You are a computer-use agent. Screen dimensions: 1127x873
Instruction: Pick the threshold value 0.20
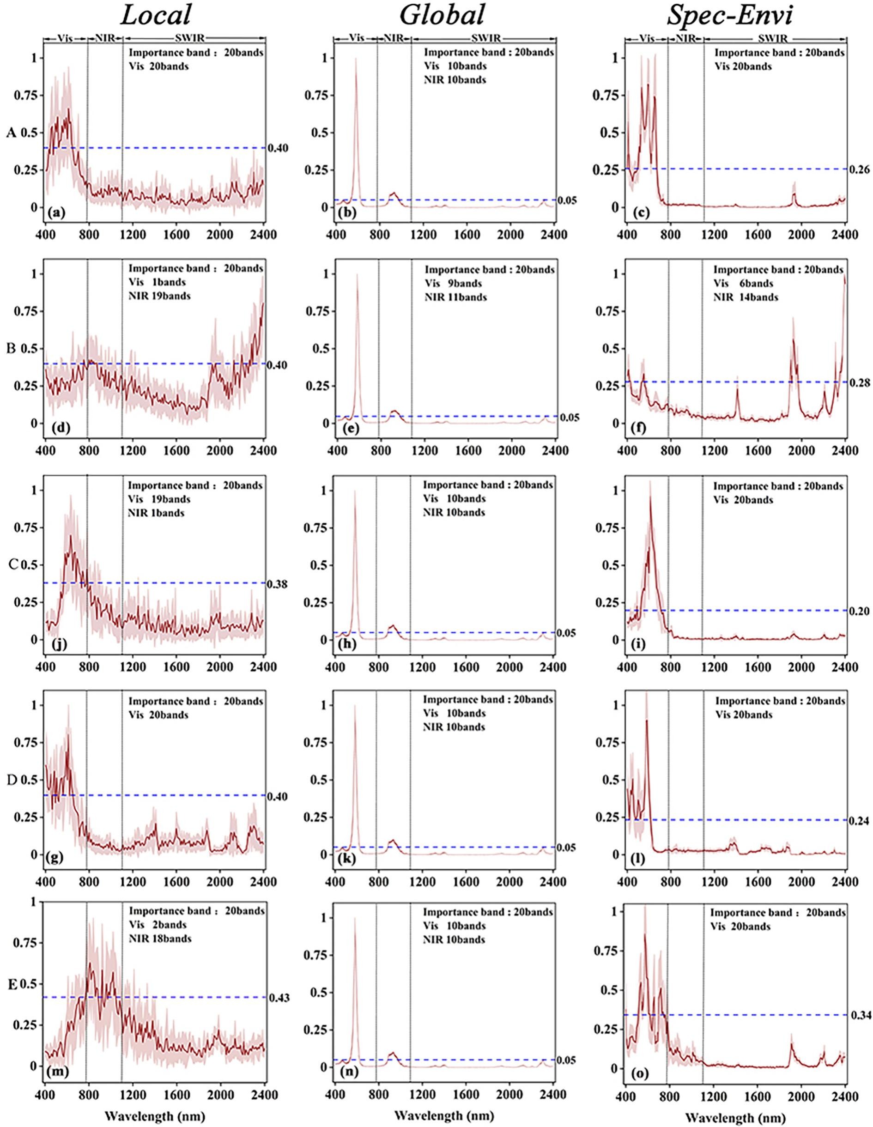pyautogui.click(x=859, y=612)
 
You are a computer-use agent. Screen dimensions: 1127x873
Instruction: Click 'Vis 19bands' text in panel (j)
pyautogui.click(x=159, y=499)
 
